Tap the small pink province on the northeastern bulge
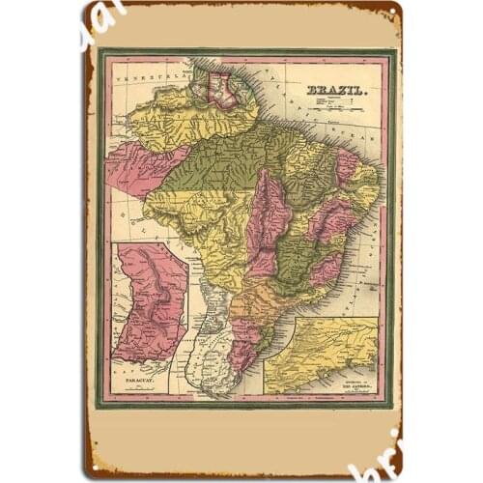point(346,166)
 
